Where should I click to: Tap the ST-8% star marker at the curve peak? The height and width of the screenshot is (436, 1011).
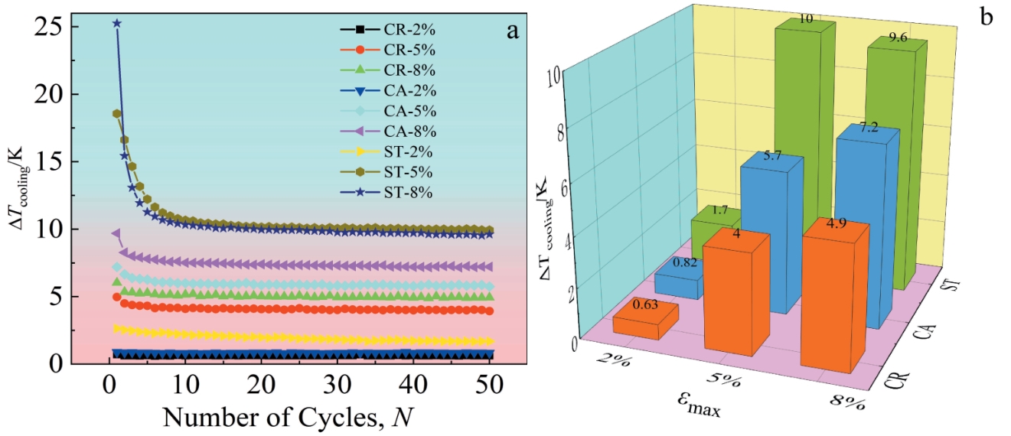(117, 24)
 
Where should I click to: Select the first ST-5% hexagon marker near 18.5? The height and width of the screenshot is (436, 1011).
(117, 114)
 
